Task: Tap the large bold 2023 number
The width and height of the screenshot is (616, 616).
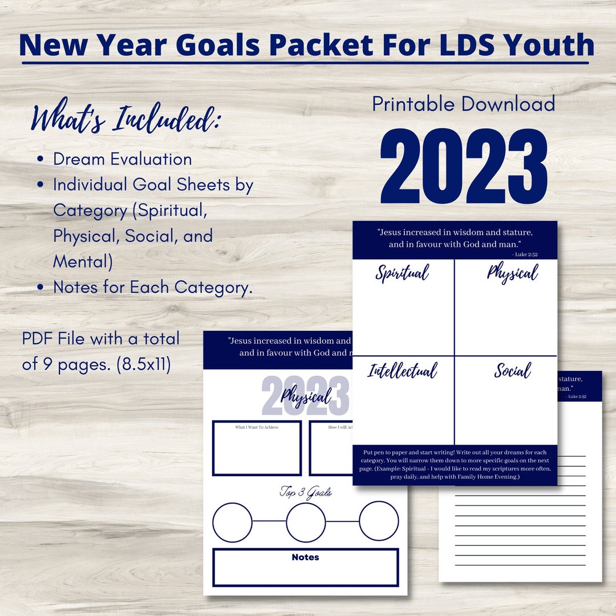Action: point(464,167)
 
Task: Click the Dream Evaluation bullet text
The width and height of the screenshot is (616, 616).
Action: point(122,159)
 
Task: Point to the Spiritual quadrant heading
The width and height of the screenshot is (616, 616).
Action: point(402,273)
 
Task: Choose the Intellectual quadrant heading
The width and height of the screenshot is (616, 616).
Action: point(402,371)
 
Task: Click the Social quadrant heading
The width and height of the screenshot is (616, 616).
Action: point(512,371)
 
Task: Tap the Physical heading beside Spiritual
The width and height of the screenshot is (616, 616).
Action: point(512,273)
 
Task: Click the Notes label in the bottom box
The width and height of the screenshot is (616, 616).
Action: point(305,557)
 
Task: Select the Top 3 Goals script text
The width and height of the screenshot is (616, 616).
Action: point(305,492)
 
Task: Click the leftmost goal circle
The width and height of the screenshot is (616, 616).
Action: point(232,521)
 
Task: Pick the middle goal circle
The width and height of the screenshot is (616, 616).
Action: point(306,521)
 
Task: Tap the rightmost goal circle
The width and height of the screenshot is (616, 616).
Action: point(379,521)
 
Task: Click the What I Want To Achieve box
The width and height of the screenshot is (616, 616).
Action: point(257,448)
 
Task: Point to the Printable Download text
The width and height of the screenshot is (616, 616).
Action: point(464,104)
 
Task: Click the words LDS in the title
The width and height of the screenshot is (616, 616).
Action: point(451,46)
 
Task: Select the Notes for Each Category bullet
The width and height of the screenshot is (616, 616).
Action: point(152,287)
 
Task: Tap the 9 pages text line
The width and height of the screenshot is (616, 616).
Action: point(96,364)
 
